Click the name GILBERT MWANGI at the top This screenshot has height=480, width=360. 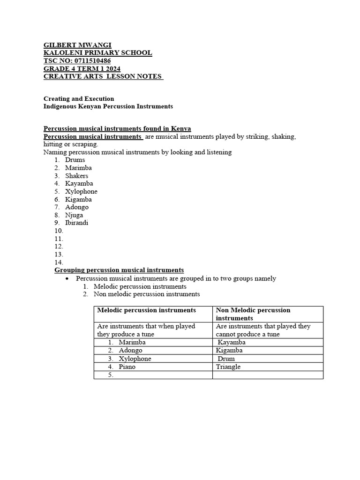(x=77, y=45)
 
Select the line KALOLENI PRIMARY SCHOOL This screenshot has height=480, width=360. (x=97, y=53)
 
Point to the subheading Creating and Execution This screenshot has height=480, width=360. (x=79, y=98)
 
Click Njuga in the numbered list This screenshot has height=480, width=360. (x=74, y=215)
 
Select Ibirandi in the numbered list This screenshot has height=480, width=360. (x=77, y=223)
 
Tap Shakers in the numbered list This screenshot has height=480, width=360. (x=77, y=176)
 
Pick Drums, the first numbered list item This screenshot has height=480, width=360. (x=75, y=160)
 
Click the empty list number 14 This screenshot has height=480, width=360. (x=59, y=262)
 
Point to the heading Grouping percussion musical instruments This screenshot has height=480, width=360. (x=119, y=270)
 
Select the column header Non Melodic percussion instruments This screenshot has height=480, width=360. (x=253, y=314)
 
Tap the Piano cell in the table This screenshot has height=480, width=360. (x=127, y=367)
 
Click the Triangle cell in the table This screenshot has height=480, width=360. (x=228, y=367)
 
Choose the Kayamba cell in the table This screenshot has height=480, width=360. (x=232, y=342)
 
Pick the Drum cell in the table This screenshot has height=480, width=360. (x=226, y=359)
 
